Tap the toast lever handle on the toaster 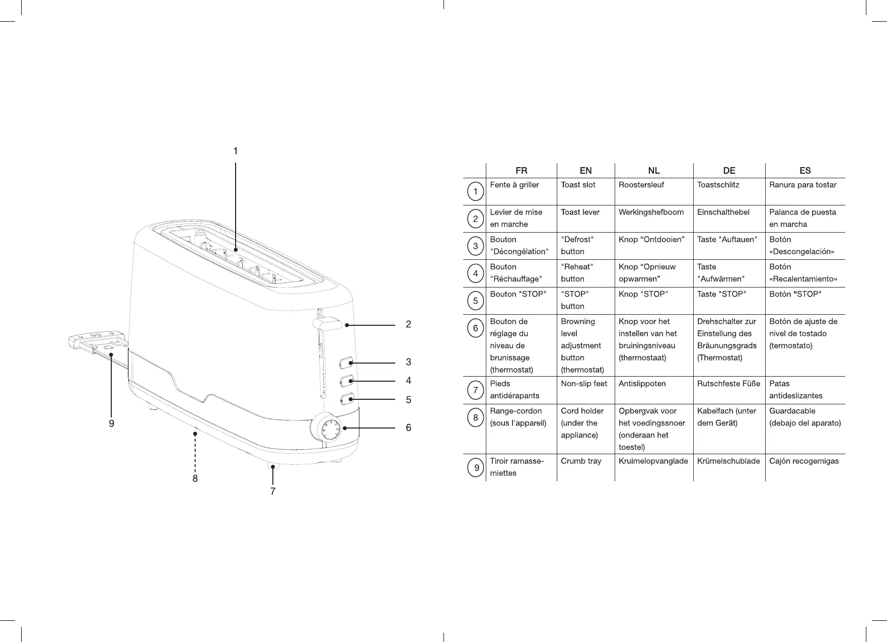point(327,323)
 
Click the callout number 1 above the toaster point(235,151)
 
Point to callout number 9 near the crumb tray point(111,424)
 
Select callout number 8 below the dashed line point(195,478)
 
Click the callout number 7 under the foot point(273,491)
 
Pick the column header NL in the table point(653,171)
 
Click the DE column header point(729,171)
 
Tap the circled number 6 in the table point(475,329)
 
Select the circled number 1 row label point(475,192)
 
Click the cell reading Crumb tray point(581,461)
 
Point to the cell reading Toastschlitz point(718,185)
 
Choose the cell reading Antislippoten point(642,384)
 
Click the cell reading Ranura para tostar point(802,185)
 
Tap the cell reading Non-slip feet point(584,384)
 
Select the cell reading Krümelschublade point(728,461)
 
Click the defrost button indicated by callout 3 point(346,362)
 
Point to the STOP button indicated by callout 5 point(346,399)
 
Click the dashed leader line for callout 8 point(195,451)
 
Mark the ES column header point(805,171)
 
